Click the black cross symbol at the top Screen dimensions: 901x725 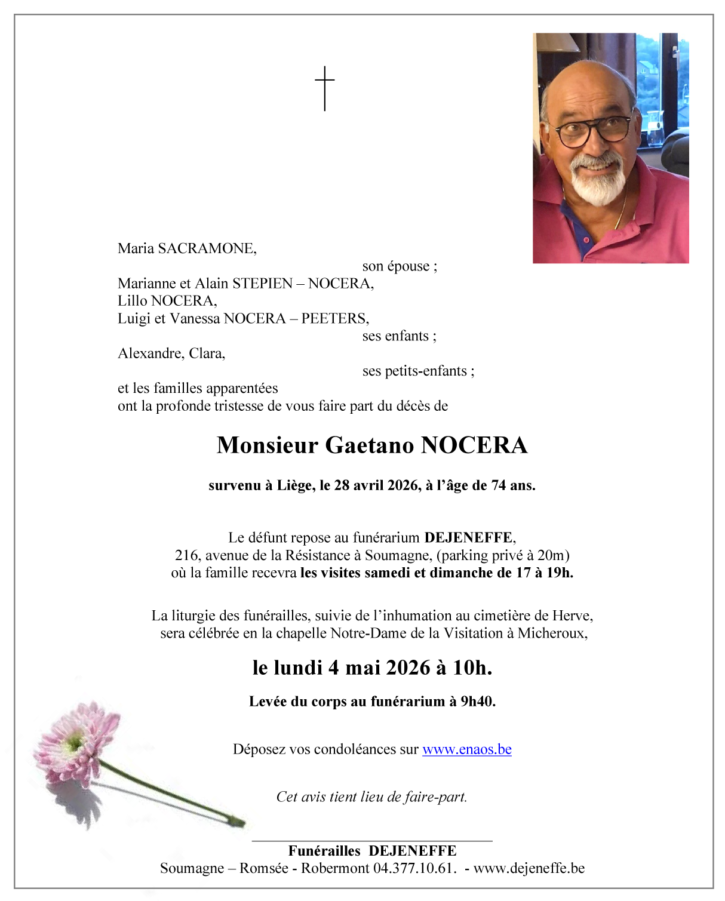(324, 88)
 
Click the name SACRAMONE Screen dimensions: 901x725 (207, 248)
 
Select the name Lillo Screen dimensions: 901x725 (132, 301)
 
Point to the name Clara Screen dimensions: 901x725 (207, 353)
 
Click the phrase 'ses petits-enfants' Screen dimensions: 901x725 (414, 371)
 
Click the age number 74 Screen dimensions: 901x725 (499, 485)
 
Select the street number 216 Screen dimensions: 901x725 (186, 555)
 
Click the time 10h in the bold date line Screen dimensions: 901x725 (471, 668)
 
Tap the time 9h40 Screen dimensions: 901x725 (477, 702)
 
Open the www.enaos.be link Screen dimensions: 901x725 (466, 749)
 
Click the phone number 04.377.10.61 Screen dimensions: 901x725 (414, 868)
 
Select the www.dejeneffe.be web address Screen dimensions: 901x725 (529, 868)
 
